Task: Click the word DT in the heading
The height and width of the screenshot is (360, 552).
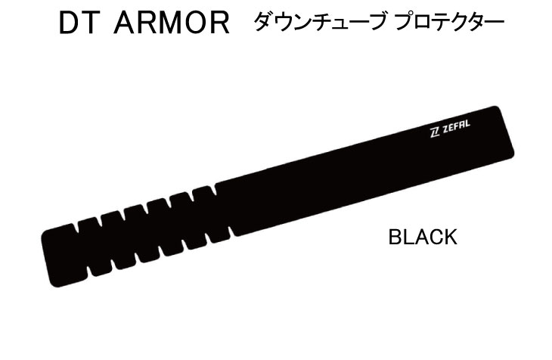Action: (77, 23)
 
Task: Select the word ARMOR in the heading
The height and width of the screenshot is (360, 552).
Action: (172, 23)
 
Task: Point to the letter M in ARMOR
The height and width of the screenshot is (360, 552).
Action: (169, 23)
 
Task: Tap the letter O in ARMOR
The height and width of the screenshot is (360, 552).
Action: (197, 23)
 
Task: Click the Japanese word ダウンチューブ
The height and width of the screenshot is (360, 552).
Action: (319, 21)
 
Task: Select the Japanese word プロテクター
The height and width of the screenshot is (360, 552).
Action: (450, 21)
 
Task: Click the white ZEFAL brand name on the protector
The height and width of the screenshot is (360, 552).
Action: (456, 127)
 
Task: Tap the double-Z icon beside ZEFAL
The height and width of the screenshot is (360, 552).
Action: (435, 133)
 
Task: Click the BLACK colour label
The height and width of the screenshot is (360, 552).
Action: (423, 237)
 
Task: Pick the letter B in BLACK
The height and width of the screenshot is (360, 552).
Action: (395, 237)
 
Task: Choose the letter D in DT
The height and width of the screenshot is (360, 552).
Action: (67, 23)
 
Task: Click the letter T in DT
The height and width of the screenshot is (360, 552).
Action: (87, 23)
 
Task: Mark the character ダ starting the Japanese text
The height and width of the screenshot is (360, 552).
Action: (263, 21)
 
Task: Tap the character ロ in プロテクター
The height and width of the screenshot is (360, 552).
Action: (423, 22)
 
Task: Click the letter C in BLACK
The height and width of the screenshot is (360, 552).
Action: (434, 237)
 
